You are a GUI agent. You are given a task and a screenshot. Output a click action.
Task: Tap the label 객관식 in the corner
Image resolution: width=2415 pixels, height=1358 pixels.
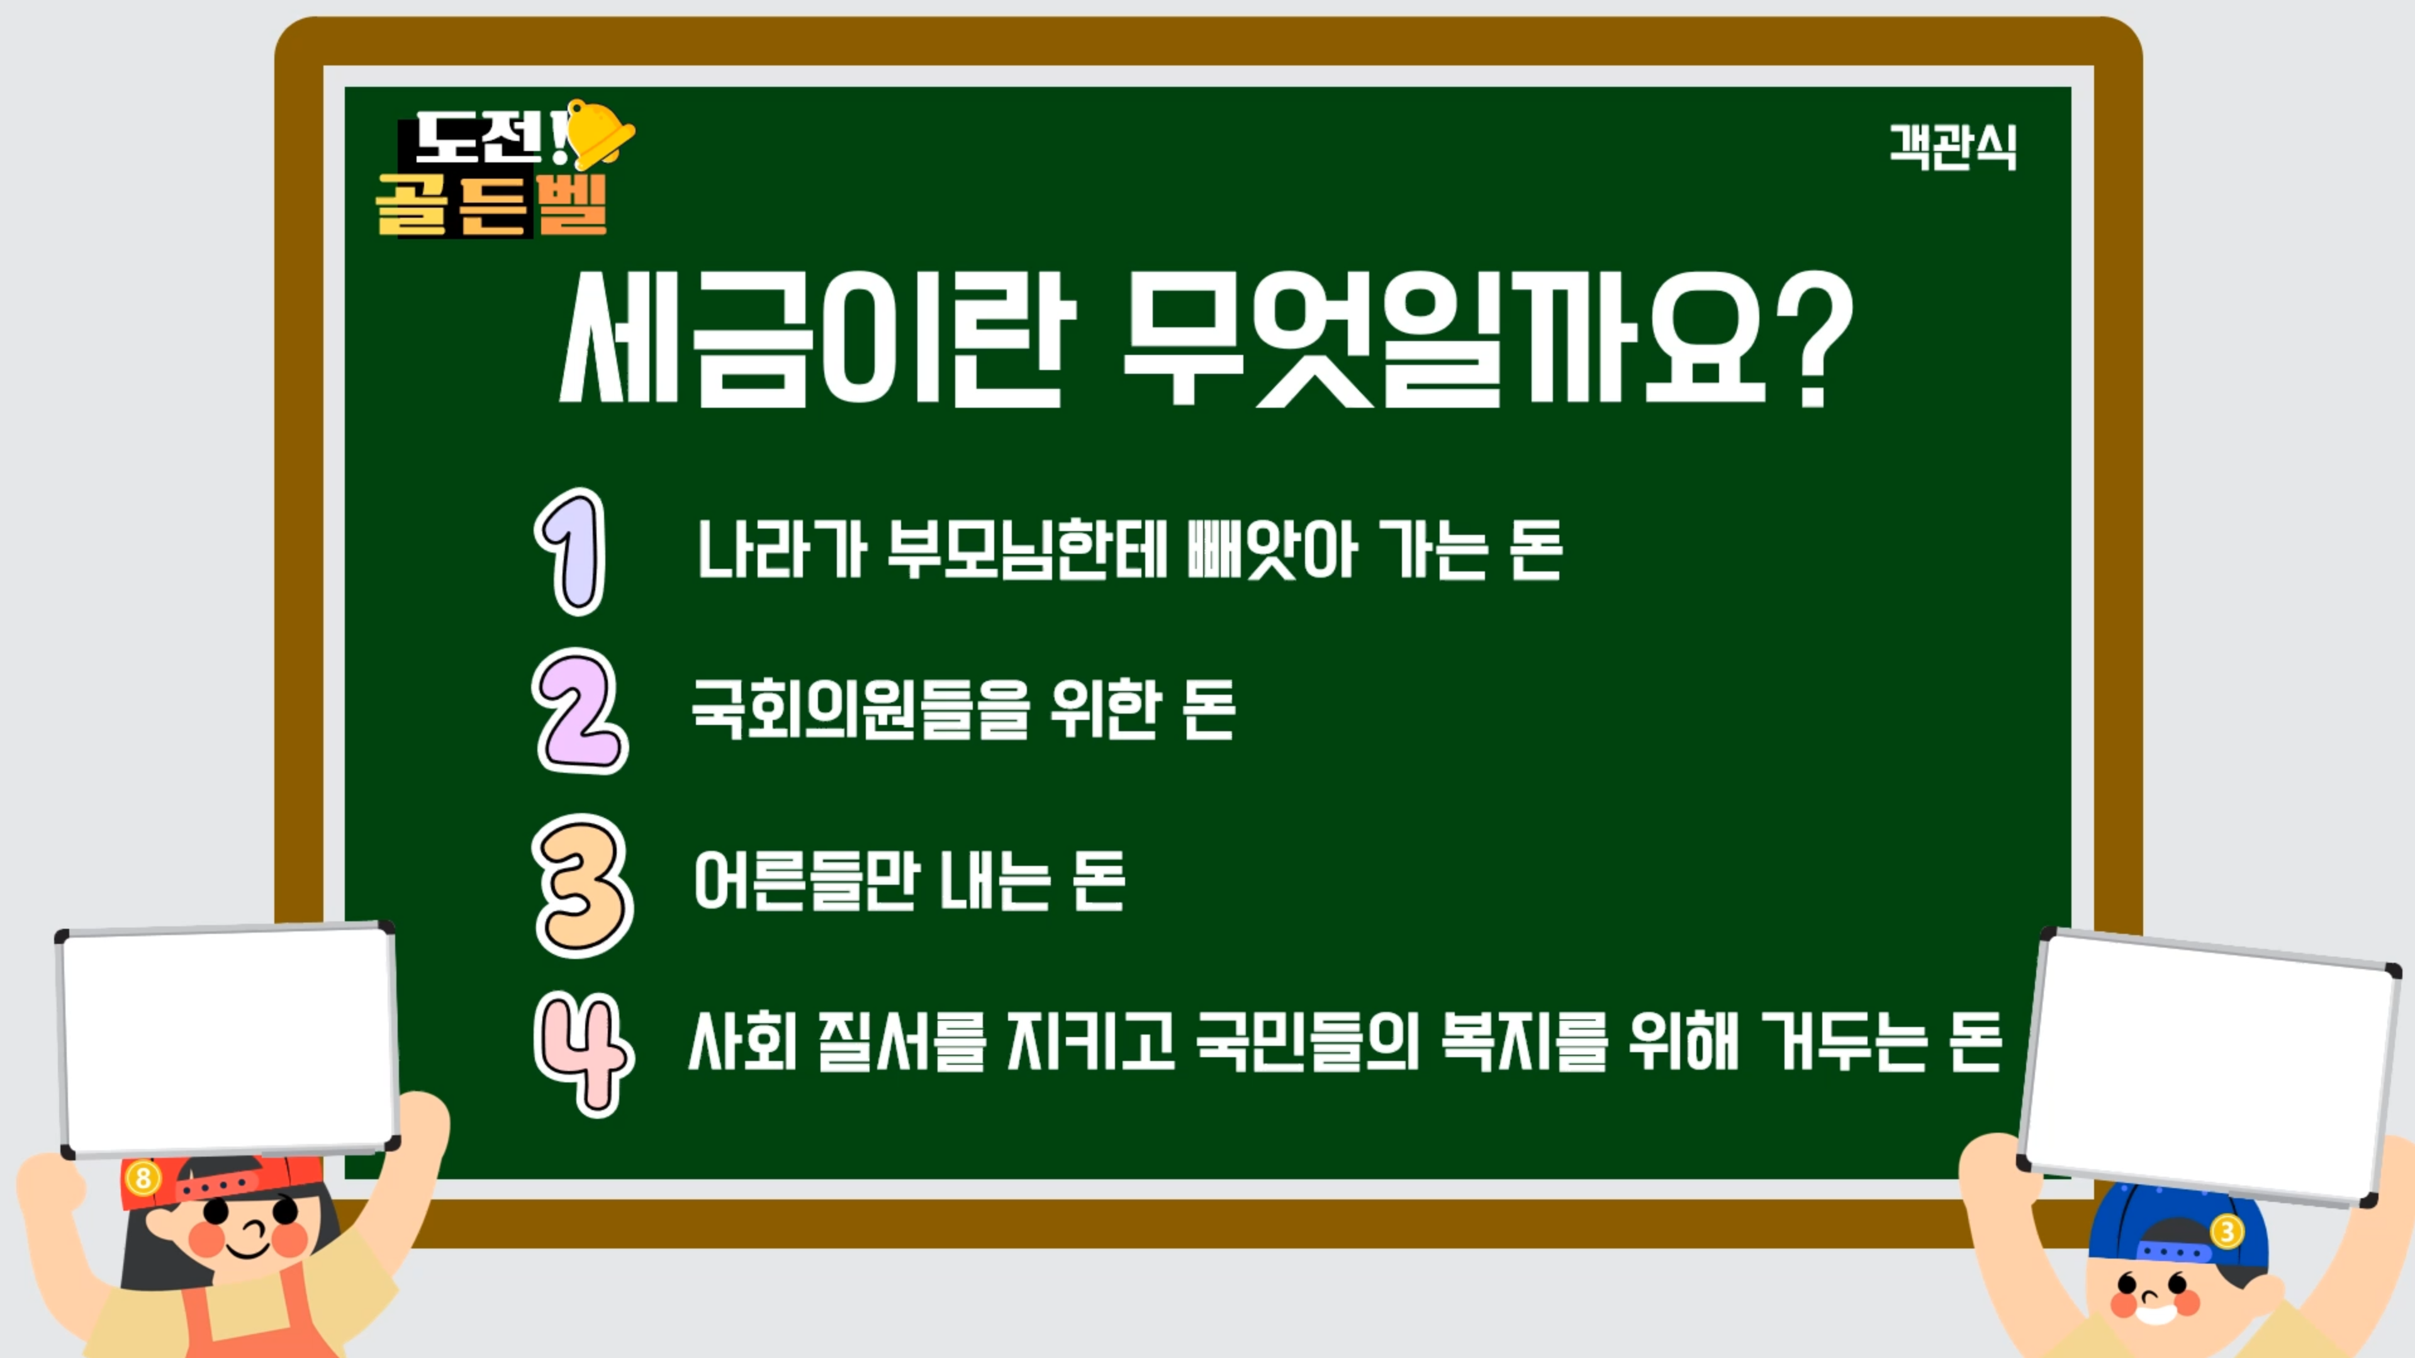[x=1953, y=148]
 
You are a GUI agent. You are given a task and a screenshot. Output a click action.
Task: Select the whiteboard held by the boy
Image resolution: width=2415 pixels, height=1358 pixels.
[x=2209, y=1067]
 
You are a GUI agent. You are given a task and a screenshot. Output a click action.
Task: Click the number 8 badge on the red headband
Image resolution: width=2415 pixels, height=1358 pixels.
[x=142, y=1178]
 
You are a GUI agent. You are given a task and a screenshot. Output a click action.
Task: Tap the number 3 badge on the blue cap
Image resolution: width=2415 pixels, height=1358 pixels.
[x=2227, y=1230]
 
